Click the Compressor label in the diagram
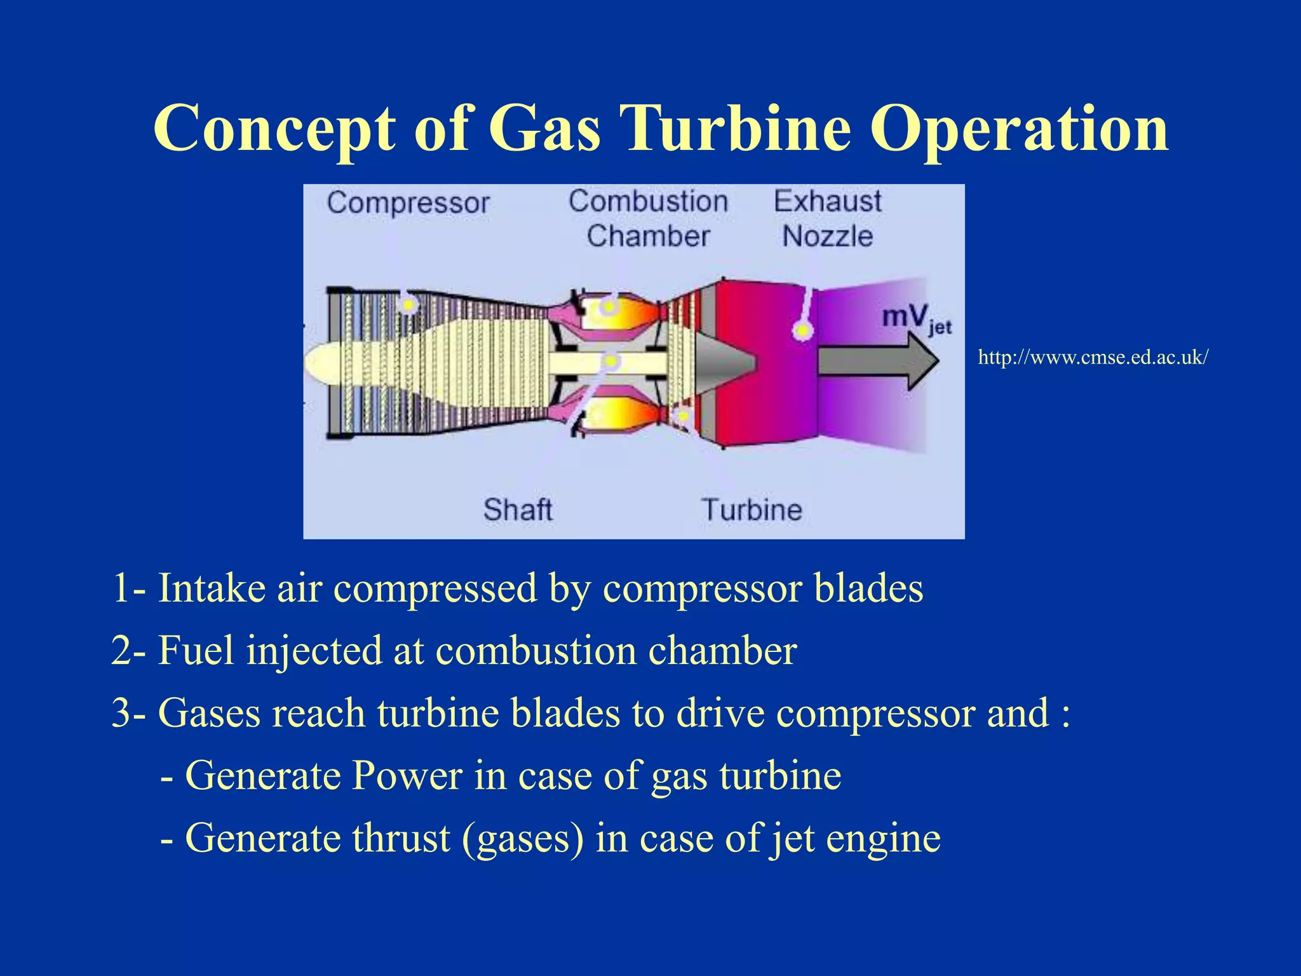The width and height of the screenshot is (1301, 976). click(x=408, y=204)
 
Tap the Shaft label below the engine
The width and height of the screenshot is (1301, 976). click(x=517, y=510)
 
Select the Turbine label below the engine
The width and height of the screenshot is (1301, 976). click(x=752, y=510)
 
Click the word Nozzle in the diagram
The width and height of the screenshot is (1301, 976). click(x=827, y=236)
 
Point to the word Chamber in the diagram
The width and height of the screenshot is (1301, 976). click(x=647, y=236)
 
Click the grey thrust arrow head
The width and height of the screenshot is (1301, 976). click(x=921, y=361)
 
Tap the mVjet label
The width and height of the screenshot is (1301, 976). click(x=915, y=318)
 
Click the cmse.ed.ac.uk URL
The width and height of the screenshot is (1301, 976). click(x=1093, y=358)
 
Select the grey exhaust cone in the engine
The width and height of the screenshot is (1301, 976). click(x=724, y=361)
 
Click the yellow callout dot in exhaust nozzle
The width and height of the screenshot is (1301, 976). click(x=802, y=330)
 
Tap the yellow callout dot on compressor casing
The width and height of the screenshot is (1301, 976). click(x=408, y=306)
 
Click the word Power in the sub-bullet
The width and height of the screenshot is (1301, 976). click(x=407, y=776)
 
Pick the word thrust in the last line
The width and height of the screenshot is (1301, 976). click(x=401, y=838)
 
